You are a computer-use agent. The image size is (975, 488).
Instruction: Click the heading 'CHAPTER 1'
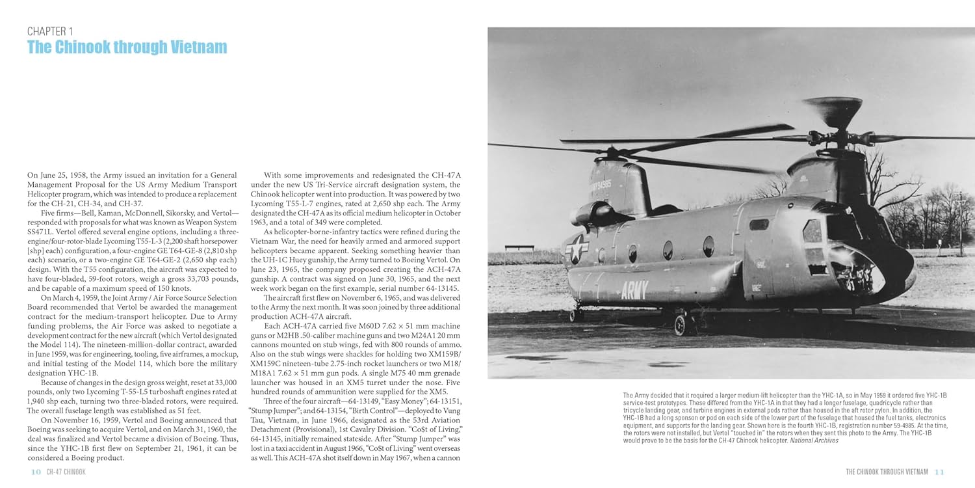coord(51,31)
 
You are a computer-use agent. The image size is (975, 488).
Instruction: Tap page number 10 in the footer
coord(35,472)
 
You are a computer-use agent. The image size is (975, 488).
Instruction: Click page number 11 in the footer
coord(939,472)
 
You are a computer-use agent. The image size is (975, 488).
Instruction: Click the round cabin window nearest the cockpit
coord(708,246)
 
